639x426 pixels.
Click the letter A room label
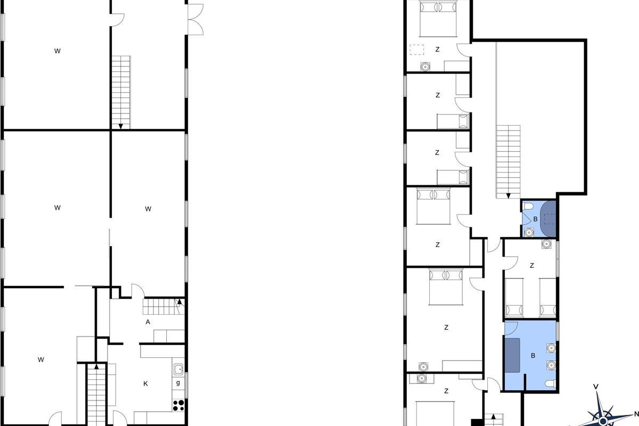coord(148,322)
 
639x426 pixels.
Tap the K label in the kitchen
coord(145,384)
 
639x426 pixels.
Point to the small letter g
coord(178,383)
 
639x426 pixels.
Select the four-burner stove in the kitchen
coord(178,405)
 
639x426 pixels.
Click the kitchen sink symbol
coord(178,369)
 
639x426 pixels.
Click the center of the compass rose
coord(603,421)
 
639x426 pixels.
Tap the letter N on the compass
coord(636,414)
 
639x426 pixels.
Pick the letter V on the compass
coord(596,387)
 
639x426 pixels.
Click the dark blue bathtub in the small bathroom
coord(548,219)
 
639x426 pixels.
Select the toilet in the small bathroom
coord(528,206)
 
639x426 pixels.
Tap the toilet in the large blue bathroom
coord(551,383)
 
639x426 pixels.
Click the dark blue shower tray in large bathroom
coord(512,355)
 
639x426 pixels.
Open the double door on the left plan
coord(196,19)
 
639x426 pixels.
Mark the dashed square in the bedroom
coord(417,50)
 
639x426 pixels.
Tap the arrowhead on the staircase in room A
coord(179,301)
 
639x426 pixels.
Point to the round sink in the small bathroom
coord(529,232)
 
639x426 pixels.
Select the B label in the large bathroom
coord(533,356)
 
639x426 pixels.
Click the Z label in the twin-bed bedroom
coord(532,266)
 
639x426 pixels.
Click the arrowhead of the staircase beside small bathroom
coord(509,196)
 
